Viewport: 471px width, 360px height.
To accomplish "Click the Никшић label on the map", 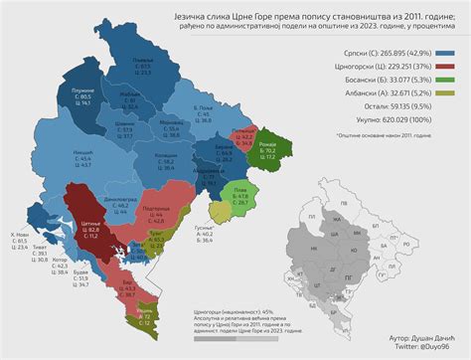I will pos(82,151).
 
